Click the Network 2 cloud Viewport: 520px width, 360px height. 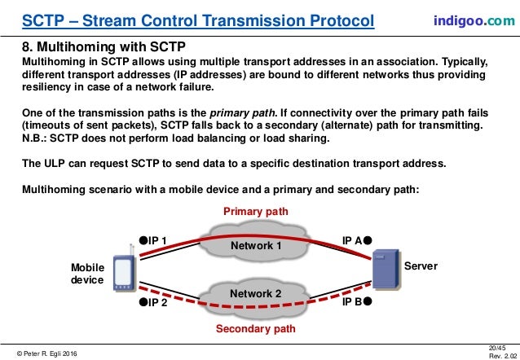pyautogui.click(x=256, y=293)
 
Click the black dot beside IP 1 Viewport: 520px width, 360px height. pyautogui.click(x=143, y=240)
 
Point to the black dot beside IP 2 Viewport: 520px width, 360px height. pyautogui.click(x=143, y=302)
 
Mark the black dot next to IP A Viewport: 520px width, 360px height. pyautogui.click(x=368, y=240)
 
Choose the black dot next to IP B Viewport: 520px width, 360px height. pyautogui.click(x=368, y=301)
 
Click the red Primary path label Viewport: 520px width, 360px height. pyautogui.click(x=255, y=212)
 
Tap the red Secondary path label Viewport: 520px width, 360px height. pyautogui.click(x=255, y=329)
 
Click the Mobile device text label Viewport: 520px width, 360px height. pyautogui.click(x=87, y=274)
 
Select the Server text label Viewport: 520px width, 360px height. pyautogui.click(x=422, y=266)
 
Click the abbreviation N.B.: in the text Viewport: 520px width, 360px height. pyautogui.click(x=35, y=138)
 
